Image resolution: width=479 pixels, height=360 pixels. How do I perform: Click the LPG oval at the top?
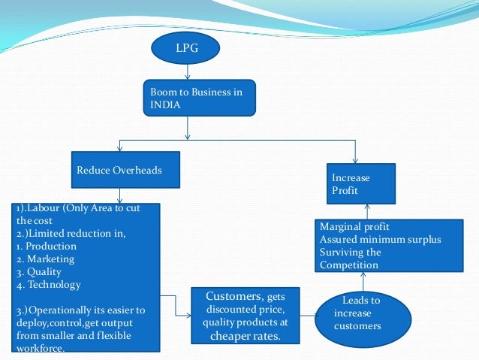coord(185,48)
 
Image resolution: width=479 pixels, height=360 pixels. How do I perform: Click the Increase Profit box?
coord(361,184)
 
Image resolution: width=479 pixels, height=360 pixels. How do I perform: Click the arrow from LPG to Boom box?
coord(186,73)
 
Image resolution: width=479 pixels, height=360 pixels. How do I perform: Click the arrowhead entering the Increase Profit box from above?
coord(355,158)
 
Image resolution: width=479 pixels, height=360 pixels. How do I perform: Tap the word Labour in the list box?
coord(46,208)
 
